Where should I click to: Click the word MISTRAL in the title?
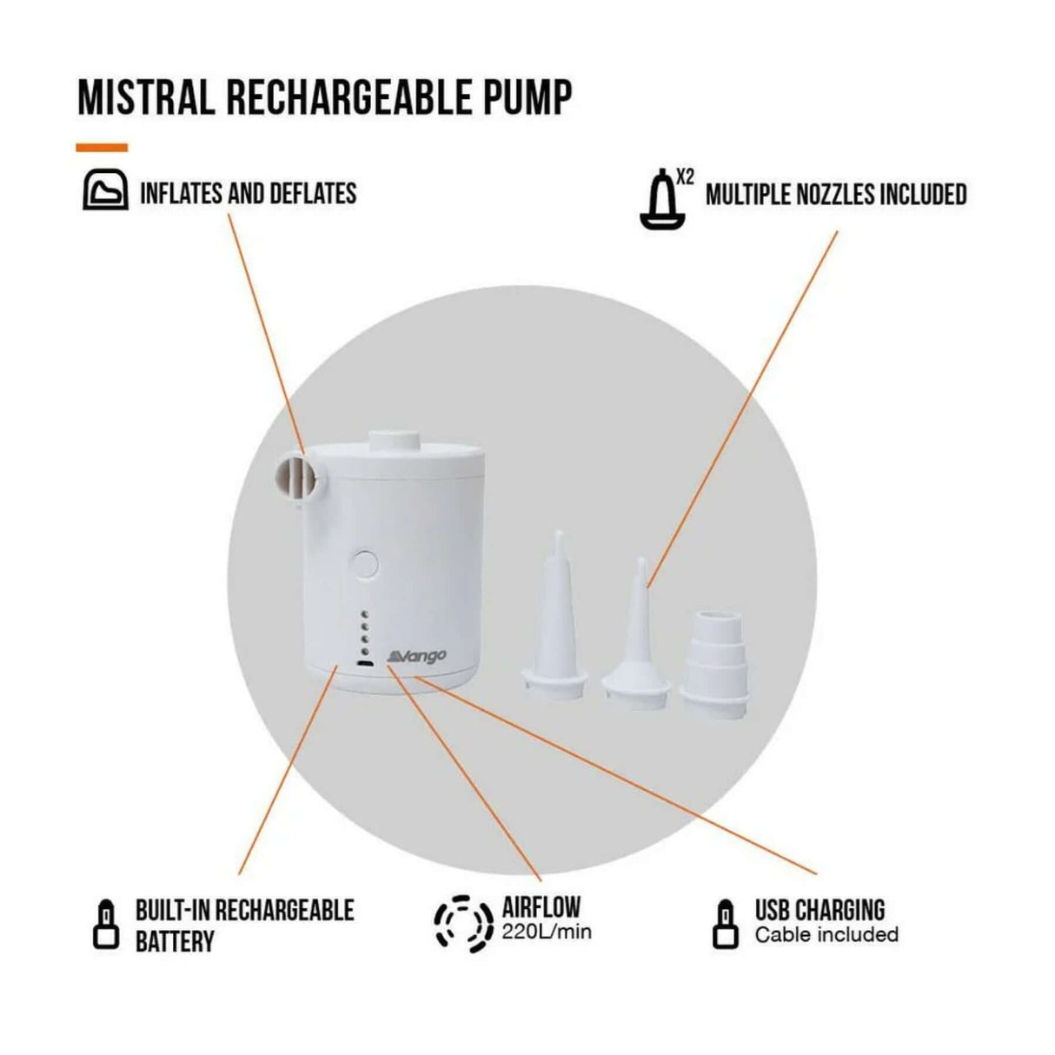click(x=146, y=97)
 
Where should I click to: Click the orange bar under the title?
click(x=102, y=148)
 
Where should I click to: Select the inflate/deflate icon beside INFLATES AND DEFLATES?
click(x=105, y=191)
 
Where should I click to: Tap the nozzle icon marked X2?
click(x=662, y=201)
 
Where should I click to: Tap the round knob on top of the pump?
click(x=395, y=441)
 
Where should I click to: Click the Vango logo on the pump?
click(x=417, y=653)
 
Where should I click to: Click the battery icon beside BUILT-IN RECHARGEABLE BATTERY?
click(x=105, y=924)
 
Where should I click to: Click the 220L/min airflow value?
click(x=547, y=932)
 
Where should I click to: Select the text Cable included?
click(x=826, y=935)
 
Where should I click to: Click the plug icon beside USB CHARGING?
click(x=724, y=924)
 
